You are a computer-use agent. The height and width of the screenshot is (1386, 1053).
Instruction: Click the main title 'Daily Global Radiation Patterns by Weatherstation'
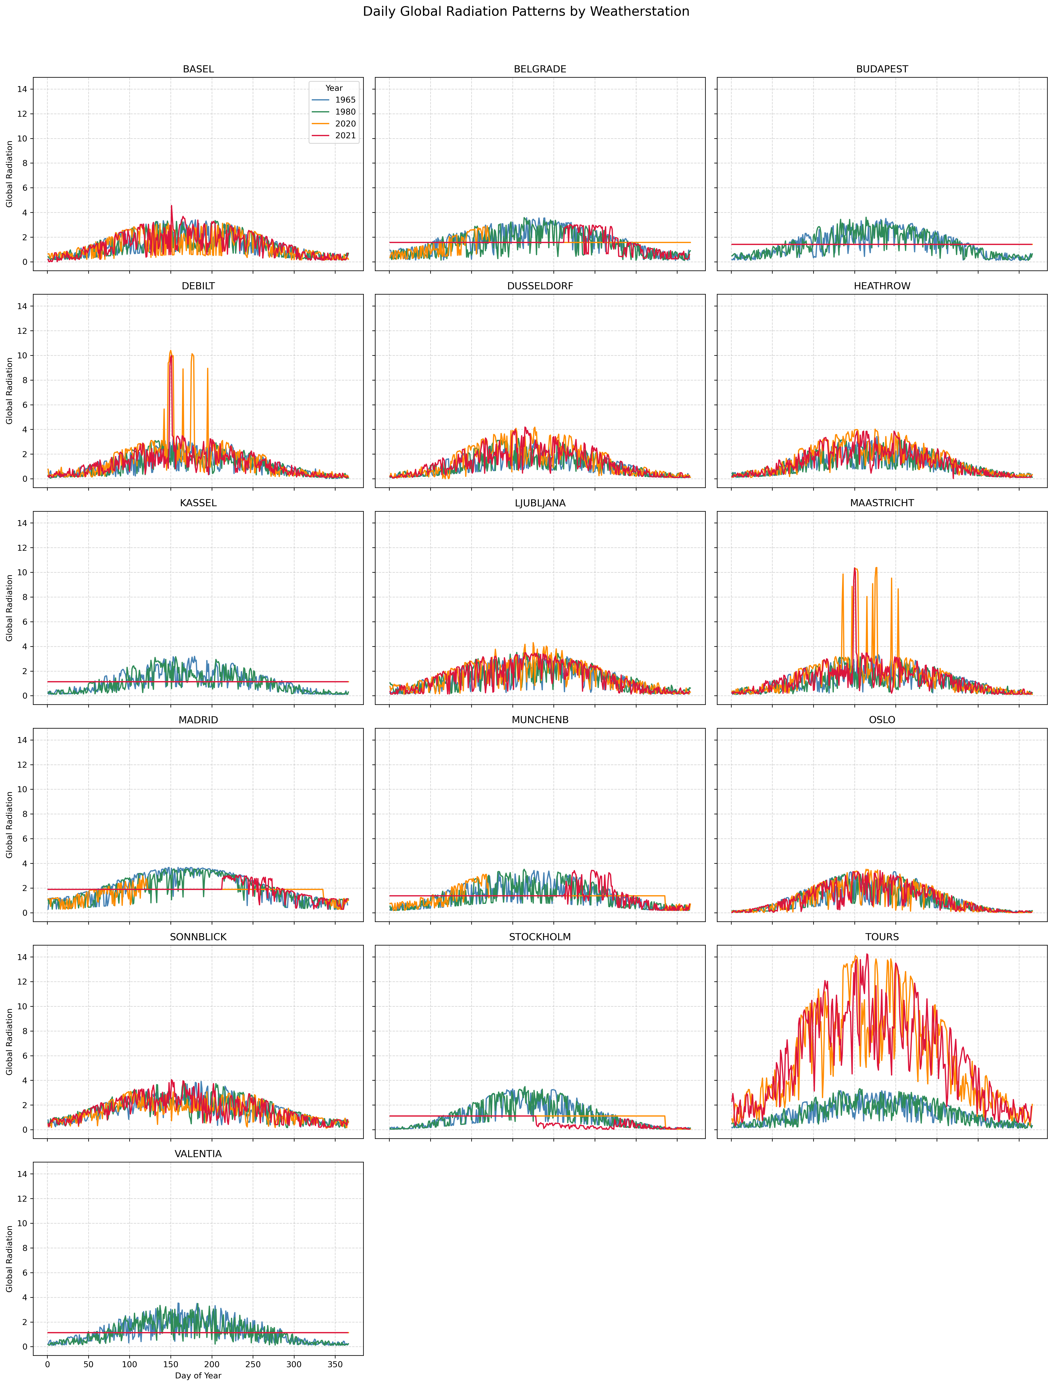526,11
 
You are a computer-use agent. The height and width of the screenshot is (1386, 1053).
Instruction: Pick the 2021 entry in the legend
345,135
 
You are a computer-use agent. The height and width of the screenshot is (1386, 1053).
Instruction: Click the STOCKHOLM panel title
540,937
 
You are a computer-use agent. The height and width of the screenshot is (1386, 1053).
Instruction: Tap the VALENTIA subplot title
198,1154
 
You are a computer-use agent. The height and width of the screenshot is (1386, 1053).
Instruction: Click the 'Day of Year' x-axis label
198,1375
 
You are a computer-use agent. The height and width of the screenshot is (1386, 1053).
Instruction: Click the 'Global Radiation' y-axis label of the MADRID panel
9,825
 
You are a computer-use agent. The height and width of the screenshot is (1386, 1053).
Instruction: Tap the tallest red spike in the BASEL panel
171,206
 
